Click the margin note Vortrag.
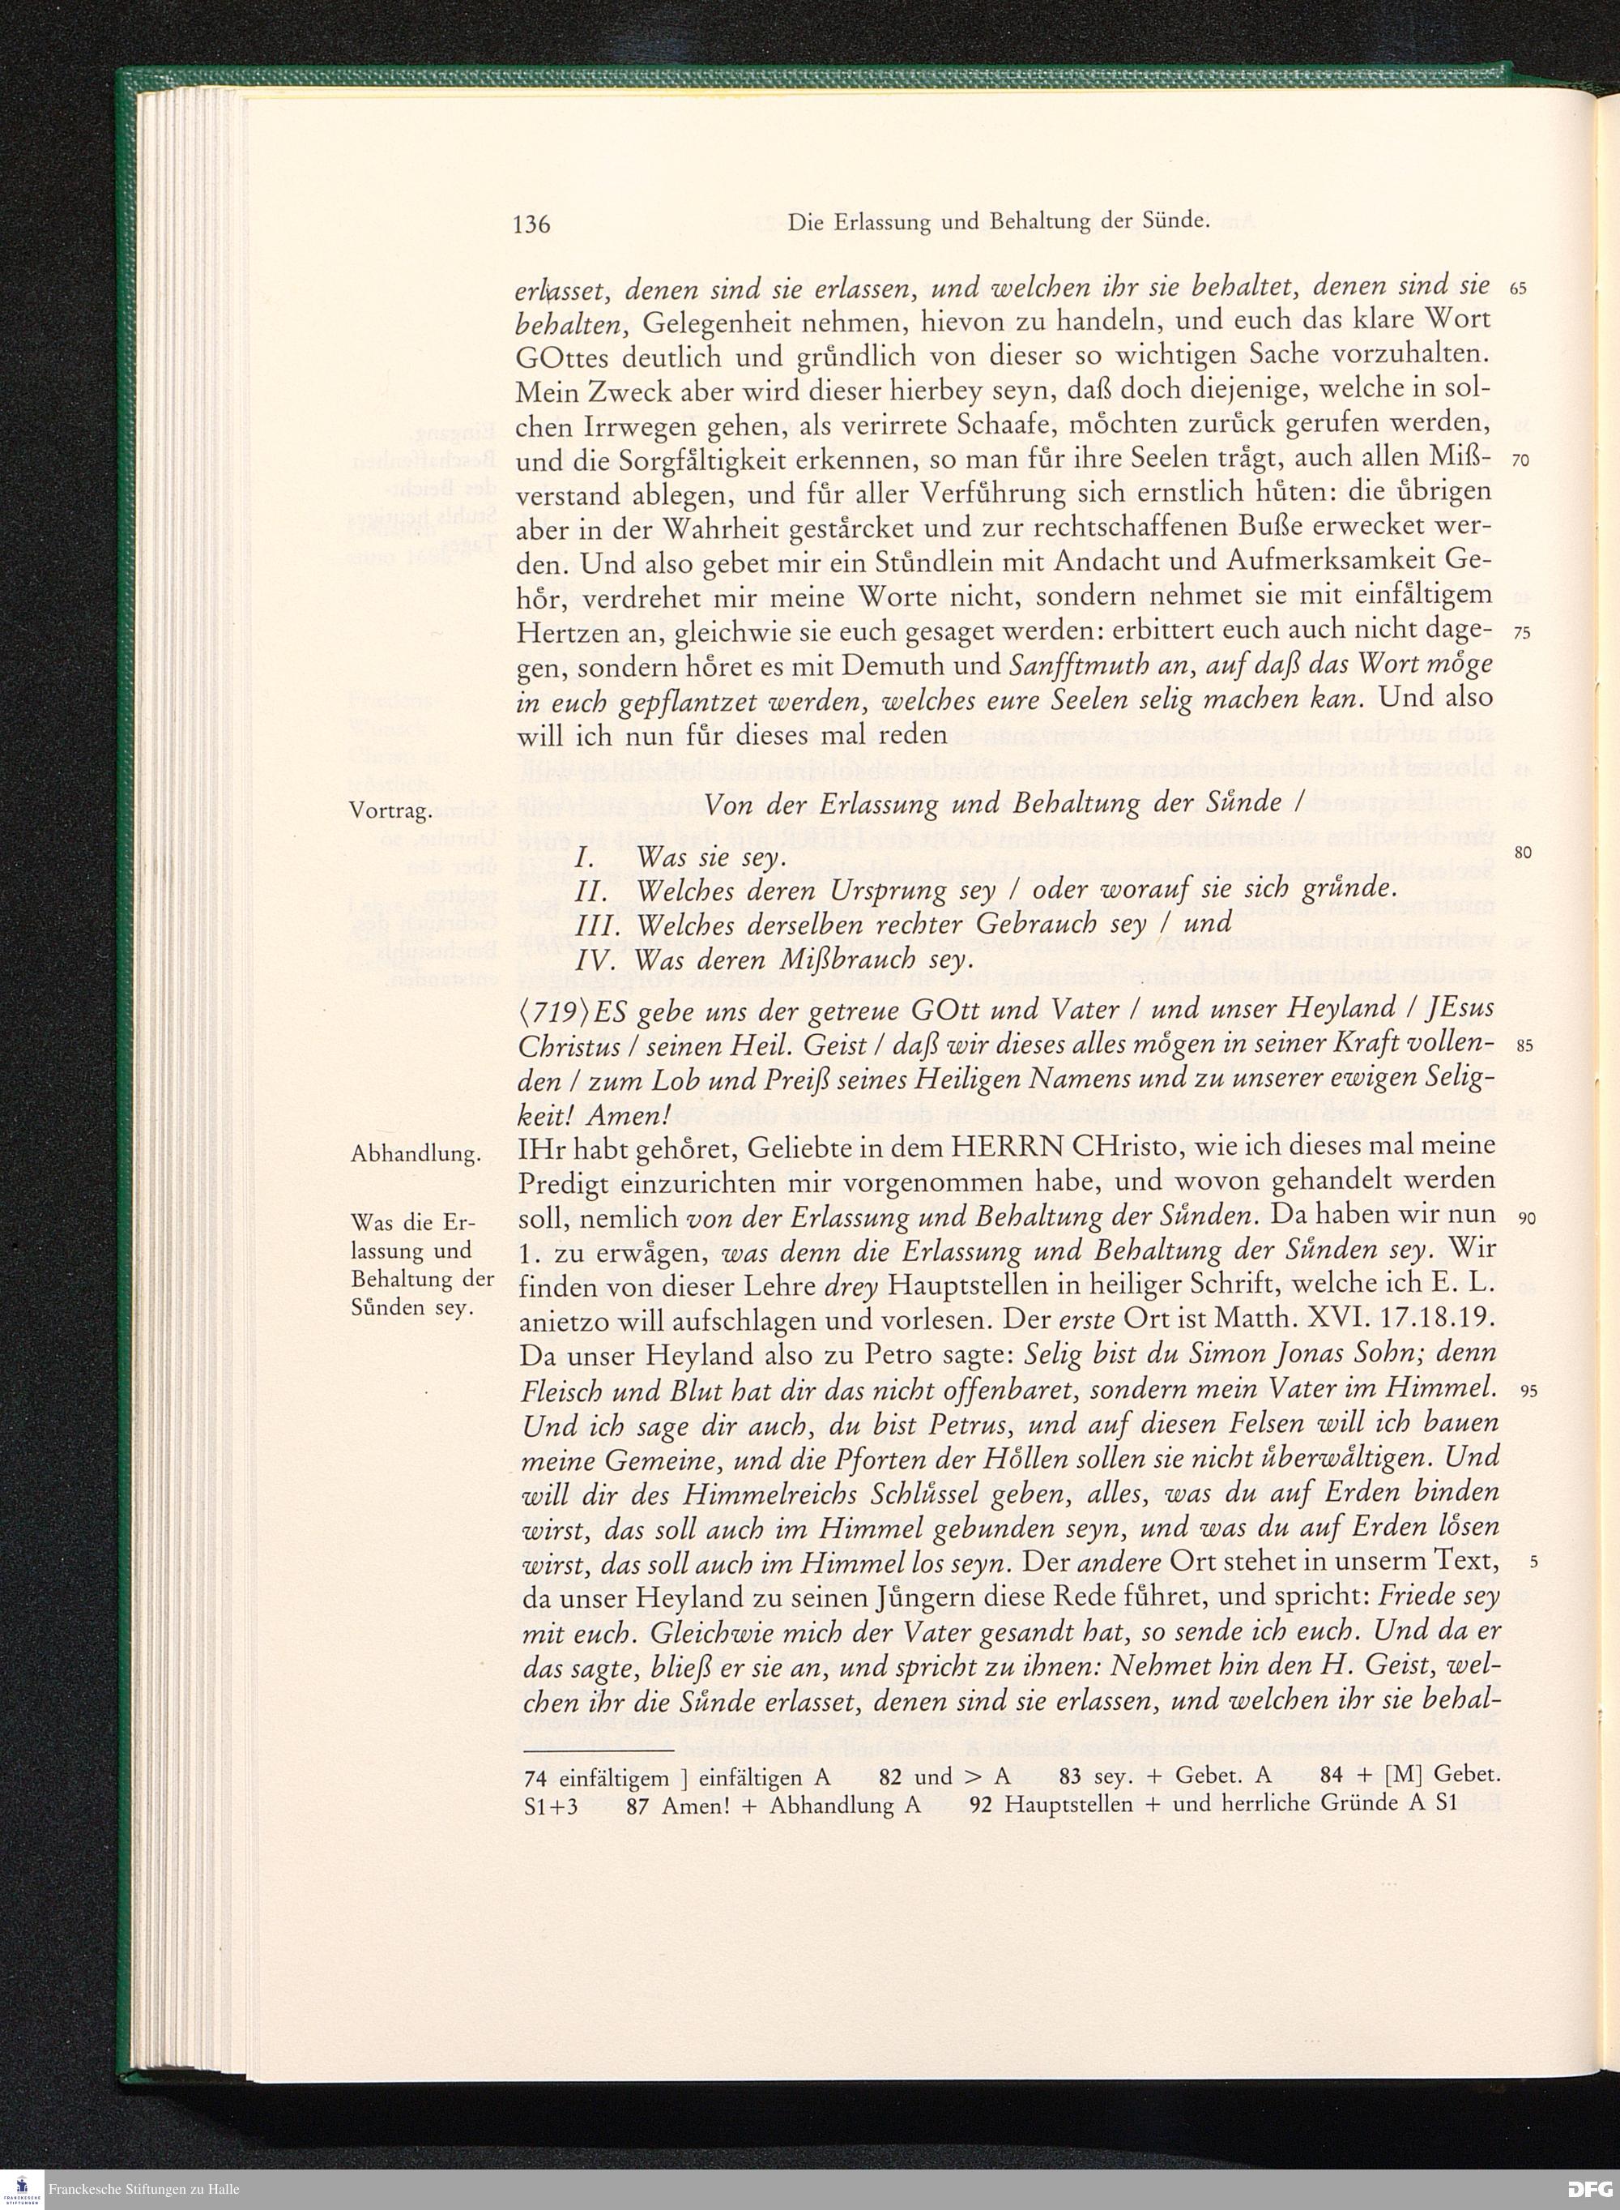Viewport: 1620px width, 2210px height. tap(390, 811)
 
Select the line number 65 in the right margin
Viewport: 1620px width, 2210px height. tap(1521, 290)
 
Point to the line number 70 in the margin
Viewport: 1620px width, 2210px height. tap(1521, 461)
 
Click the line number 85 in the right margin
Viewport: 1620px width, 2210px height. tap(1522, 1045)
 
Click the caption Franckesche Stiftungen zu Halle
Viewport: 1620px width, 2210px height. tap(144, 2190)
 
